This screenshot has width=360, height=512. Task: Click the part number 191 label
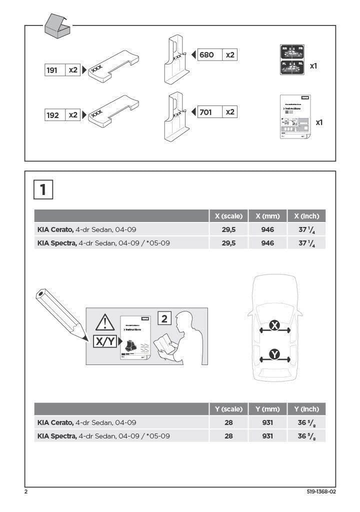tap(52, 70)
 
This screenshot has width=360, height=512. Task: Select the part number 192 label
tap(52, 115)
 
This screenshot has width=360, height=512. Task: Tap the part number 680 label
tap(207, 55)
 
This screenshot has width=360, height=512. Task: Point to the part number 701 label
tap(206, 112)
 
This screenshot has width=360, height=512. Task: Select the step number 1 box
tap(43, 189)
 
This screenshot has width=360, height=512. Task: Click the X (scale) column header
tap(228, 216)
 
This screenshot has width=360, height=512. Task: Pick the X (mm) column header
tap(267, 216)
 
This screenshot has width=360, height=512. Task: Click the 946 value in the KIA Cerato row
tap(267, 229)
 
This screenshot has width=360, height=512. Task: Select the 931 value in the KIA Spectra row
tap(267, 435)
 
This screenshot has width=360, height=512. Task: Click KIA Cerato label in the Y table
tap(55, 422)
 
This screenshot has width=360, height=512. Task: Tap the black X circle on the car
tap(274, 325)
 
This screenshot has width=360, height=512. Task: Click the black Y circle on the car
tap(274, 354)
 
